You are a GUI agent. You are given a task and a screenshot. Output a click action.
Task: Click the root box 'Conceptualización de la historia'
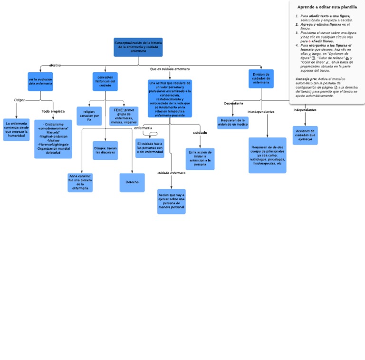click(138, 47)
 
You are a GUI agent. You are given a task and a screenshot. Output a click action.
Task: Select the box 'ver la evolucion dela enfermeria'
click(40, 81)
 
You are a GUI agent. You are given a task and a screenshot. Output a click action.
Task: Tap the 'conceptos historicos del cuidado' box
click(105, 81)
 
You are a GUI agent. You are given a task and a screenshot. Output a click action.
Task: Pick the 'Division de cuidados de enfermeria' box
click(261, 78)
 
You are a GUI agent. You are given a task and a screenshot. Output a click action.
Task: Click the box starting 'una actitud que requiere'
click(170, 98)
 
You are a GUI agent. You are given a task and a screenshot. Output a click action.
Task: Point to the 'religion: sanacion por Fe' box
click(89, 116)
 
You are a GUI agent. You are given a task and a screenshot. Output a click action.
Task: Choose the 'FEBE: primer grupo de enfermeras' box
click(124, 116)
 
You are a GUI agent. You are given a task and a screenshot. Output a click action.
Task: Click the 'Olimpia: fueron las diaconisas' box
click(105, 150)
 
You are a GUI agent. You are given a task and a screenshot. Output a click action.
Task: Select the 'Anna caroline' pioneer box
click(80, 183)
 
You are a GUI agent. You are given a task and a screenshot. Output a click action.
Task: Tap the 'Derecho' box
click(132, 183)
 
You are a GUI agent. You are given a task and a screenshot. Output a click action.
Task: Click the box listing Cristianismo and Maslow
click(53, 138)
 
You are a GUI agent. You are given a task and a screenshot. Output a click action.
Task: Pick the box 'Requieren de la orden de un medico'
click(233, 123)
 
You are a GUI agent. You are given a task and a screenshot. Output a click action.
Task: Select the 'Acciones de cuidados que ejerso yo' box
click(305, 135)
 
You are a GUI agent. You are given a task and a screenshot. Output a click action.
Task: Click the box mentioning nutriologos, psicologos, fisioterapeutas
click(267, 155)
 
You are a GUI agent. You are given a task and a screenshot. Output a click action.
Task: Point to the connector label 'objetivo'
click(55, 65)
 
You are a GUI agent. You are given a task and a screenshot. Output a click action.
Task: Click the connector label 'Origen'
click(19, 100)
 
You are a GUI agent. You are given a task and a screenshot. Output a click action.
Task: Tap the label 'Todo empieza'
click(53, 111)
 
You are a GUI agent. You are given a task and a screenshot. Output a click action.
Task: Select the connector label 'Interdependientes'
click(261, 112)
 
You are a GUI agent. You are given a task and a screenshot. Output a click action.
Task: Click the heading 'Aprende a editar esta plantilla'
click(327, 7)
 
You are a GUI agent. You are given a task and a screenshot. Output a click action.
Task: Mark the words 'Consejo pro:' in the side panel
click(306, 78)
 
